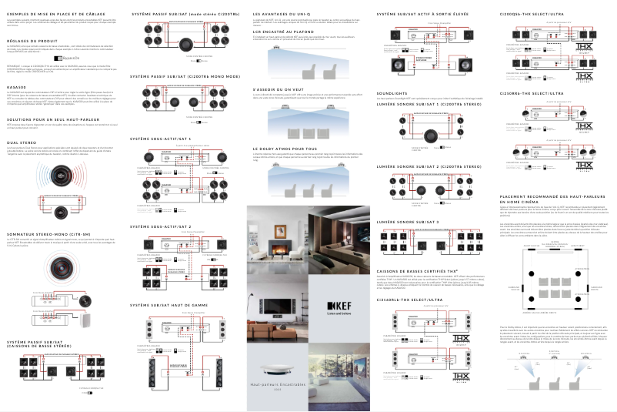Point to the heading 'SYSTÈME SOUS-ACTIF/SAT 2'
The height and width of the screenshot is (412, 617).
point(161,226)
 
